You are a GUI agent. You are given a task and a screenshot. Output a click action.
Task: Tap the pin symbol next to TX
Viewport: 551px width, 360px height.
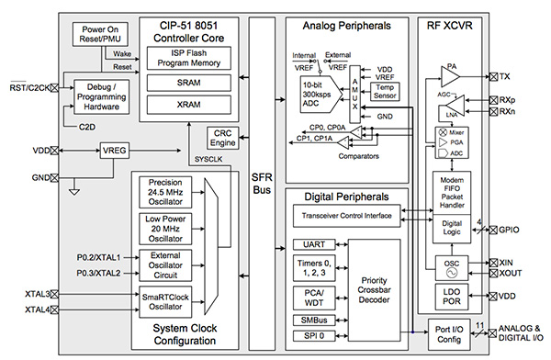click(x=493, y=76)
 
